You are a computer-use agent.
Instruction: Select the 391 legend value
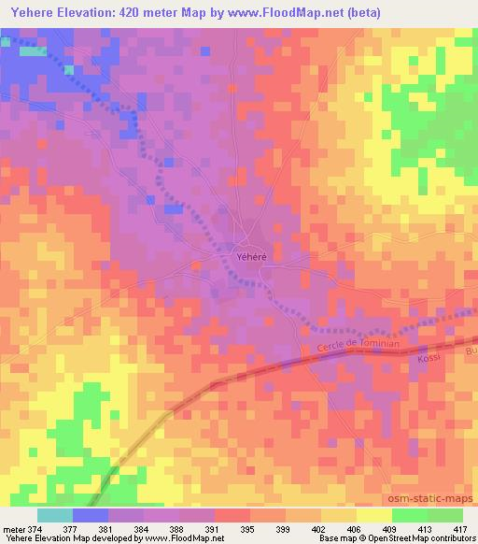pyautogui.click(x=214, y=527)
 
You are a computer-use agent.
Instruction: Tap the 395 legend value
pyautogui.click(x=249, y=527)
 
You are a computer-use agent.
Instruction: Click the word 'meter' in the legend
pyautogui.click(x=14, y=527)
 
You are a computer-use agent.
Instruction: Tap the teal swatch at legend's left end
pyautogui.click(x=54, y=515)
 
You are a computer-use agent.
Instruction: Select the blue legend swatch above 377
pyautogui.click(x=90, y=515)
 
